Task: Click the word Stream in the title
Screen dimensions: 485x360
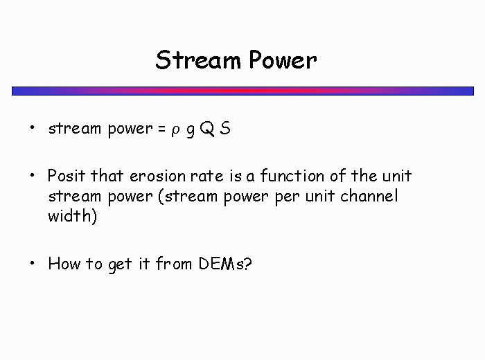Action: click(x=198, y=60)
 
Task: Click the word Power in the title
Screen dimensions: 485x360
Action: click(x=283, y=60)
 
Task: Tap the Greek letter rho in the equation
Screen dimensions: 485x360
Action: click(x=175, y=130)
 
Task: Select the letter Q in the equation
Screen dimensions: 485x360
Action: click(x=207, y=129)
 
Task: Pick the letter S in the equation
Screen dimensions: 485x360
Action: click(x=225, y=128)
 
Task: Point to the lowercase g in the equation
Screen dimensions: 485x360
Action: click(x=191, y=130)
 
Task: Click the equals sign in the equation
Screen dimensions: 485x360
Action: click(x=161, y=129)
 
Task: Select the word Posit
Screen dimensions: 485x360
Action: click(x=67, y=176)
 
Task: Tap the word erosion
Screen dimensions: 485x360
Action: click(x=157, y=176)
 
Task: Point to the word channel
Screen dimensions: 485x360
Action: click(x=369, y=196)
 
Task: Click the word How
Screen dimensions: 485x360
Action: click(x=64, y=264)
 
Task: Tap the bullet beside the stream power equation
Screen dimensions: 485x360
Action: click(x=32, y=127)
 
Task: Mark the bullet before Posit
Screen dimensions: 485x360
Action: click(x=32, y=175)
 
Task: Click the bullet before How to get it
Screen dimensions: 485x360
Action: click(x=32, y=263)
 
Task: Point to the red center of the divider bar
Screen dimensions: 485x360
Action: click(x=242, y=91)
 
